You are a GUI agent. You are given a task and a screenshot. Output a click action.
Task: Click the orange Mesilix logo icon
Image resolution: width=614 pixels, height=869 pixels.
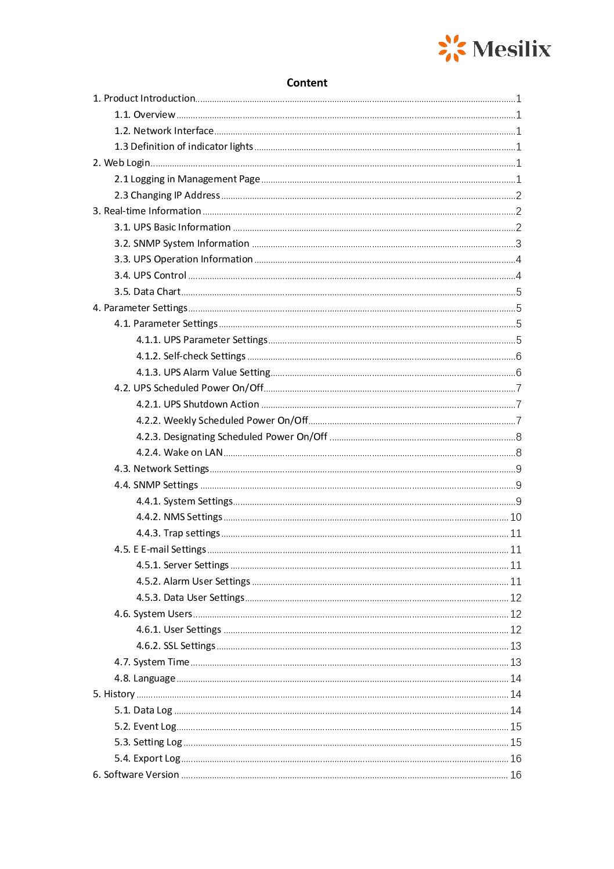pyautogui.click(x=452, y=48)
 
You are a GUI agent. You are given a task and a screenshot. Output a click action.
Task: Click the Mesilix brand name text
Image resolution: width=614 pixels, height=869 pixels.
pyautogui.click(x=511, y=49)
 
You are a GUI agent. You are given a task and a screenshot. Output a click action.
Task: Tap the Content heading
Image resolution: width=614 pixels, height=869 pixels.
pyautogui.click(x=307, y=83)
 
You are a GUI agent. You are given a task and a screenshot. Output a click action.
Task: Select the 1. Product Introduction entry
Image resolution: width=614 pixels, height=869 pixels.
pyautogui.click(x=144, y=99)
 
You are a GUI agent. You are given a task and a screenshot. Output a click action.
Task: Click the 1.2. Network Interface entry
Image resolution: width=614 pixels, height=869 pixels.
pyautogui.click(x=164, y=131)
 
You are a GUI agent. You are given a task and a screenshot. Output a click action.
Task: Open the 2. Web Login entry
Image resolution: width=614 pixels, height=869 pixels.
pyautogui.click(x=121, y=163)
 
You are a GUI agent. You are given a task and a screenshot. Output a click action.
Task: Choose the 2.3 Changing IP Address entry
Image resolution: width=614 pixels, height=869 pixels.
pyautogui.click(x=167, y=196)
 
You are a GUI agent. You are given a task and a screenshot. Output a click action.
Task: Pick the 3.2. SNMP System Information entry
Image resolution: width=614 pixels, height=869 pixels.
pyautogui.click(x=182, y=244)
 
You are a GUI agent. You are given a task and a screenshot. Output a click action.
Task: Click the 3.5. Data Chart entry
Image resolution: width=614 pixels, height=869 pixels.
pyautogui.click(x=147, y=292)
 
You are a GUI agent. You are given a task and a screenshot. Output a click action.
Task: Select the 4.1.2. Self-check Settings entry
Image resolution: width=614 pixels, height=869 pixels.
pyautogui.click(x=191, y=356)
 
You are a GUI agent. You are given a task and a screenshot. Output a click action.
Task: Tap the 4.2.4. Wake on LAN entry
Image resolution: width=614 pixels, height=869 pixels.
pyautogui.click(x=179, y=453)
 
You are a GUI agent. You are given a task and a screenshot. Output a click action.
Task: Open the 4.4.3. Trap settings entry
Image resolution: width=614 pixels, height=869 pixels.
pyautogui.click(x=178, y=533)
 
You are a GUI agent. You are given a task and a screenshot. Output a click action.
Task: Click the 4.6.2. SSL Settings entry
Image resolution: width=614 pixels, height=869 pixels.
pyautogui.click(x=176, y=646)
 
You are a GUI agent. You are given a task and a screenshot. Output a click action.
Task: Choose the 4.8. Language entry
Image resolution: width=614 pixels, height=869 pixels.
pyautogui.click(x=145, y=679)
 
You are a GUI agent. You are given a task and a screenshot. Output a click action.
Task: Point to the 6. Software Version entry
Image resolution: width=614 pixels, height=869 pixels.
pyautogui.click(x=136, y=775)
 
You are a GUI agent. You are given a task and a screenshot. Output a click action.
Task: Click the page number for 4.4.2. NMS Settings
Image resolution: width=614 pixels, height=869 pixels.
pyautogui.click(x=515, y=517)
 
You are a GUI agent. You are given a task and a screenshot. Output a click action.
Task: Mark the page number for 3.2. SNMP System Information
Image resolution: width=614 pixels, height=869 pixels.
pyautogui.click(x=518, y=244)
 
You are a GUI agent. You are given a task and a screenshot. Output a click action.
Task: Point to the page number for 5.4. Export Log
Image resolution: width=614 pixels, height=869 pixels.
pyautogui.click(x=515, y=759)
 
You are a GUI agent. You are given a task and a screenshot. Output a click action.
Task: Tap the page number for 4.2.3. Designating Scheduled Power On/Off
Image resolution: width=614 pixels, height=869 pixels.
pyautogui.click(x=518, y=437)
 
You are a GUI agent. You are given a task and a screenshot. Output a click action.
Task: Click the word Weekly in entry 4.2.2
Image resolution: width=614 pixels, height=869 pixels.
pyautogui.click(x=179, y=421)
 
